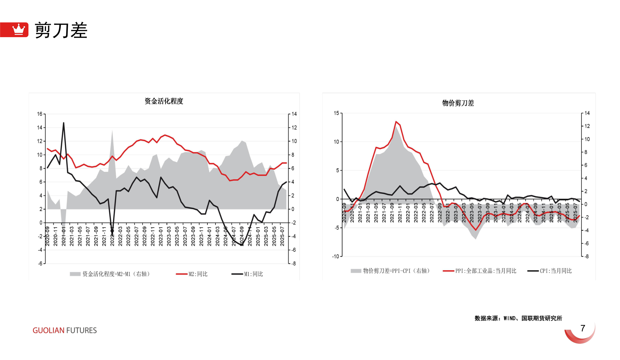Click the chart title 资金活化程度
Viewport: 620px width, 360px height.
164,101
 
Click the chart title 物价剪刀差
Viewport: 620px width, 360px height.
458,103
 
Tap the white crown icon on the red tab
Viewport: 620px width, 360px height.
18,29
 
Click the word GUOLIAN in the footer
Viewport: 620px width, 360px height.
48,330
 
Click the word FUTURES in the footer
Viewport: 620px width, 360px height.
81,330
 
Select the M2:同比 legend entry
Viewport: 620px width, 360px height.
192,274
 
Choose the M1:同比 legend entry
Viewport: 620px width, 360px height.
247,274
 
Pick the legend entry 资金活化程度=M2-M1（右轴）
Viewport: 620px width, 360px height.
110,274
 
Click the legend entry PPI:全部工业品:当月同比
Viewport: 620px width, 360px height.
480,271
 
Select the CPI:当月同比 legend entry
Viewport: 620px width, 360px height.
550,271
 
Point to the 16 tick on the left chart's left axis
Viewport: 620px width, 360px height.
40,114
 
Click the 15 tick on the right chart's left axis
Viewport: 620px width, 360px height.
336,113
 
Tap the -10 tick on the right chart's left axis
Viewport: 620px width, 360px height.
335,256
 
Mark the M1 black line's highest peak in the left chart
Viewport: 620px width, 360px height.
64,123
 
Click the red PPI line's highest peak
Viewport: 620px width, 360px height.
396,122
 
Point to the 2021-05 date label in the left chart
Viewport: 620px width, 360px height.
80,236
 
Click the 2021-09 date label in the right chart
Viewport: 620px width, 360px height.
392,213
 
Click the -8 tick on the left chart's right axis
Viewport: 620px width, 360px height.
293,263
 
